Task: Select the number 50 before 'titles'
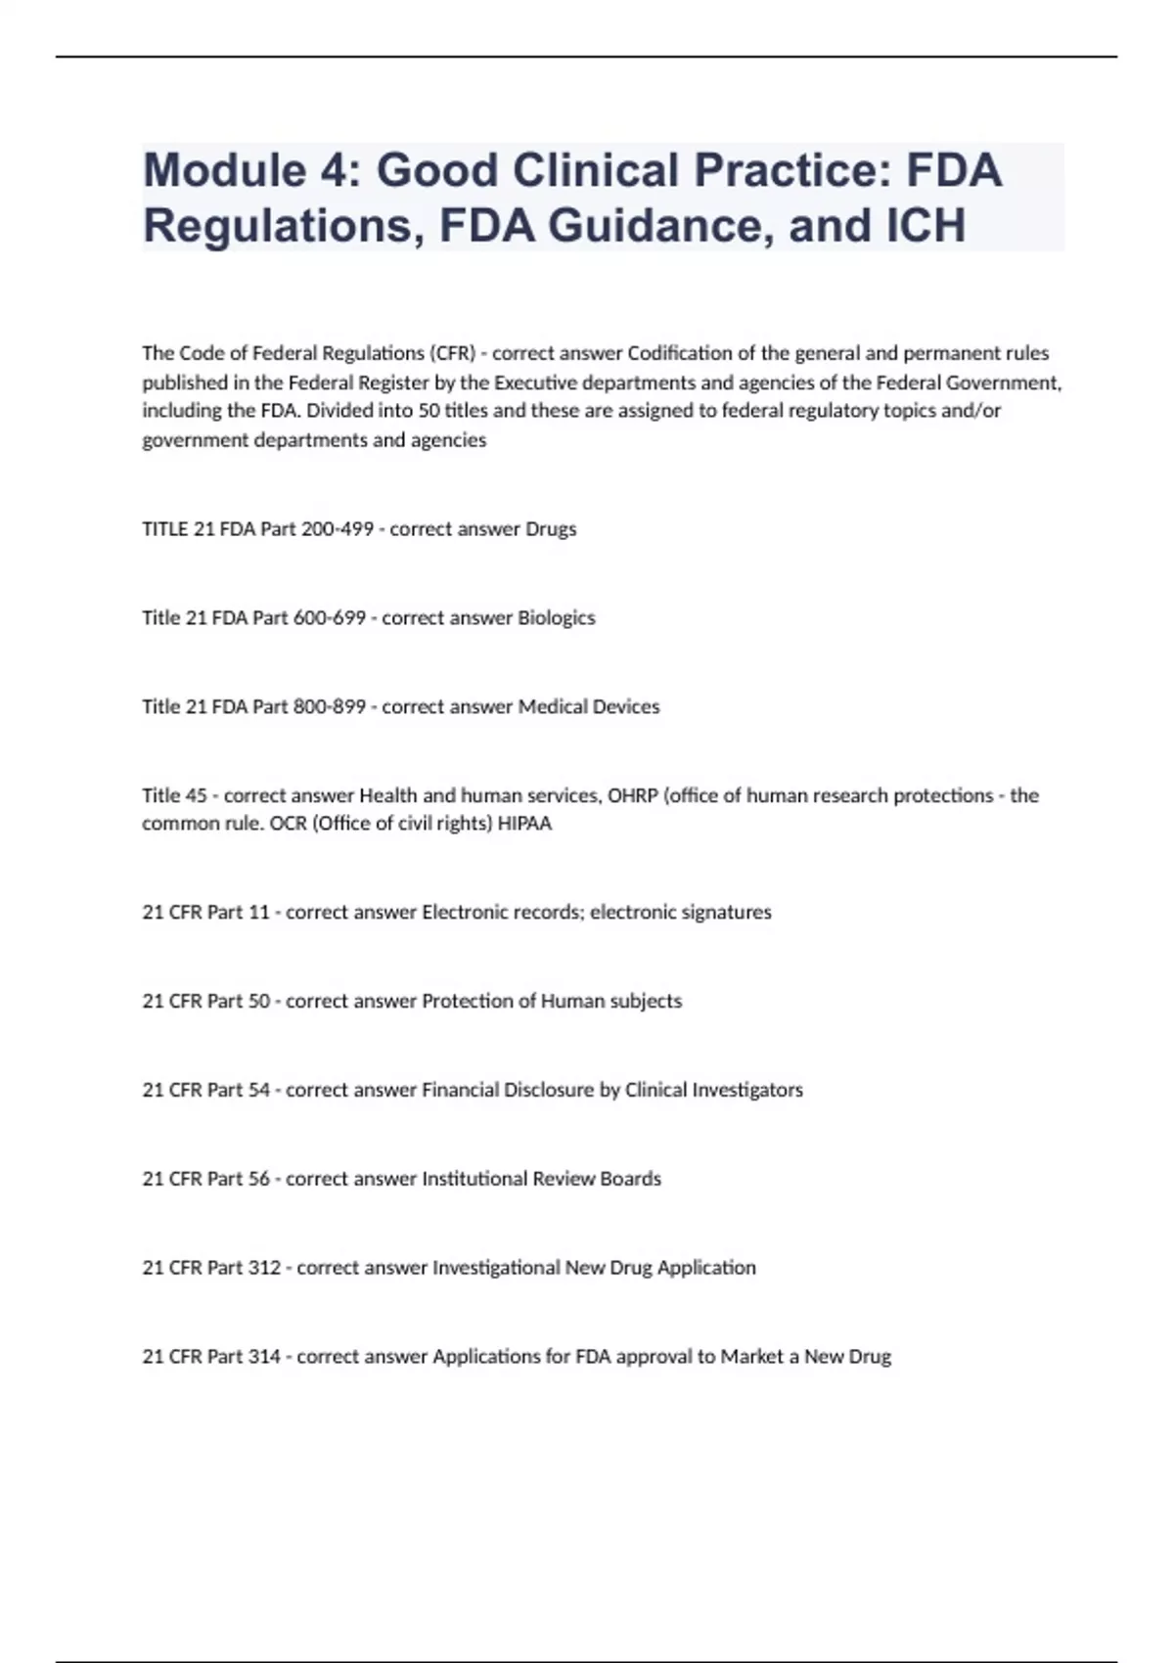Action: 429,411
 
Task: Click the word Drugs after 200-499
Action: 551,529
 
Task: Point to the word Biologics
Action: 556,618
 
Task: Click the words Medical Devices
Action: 589,707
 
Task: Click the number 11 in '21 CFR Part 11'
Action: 259,913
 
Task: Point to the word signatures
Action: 726,913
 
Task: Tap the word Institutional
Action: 474,1180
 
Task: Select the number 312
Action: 264,1269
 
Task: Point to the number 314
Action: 264,1357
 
